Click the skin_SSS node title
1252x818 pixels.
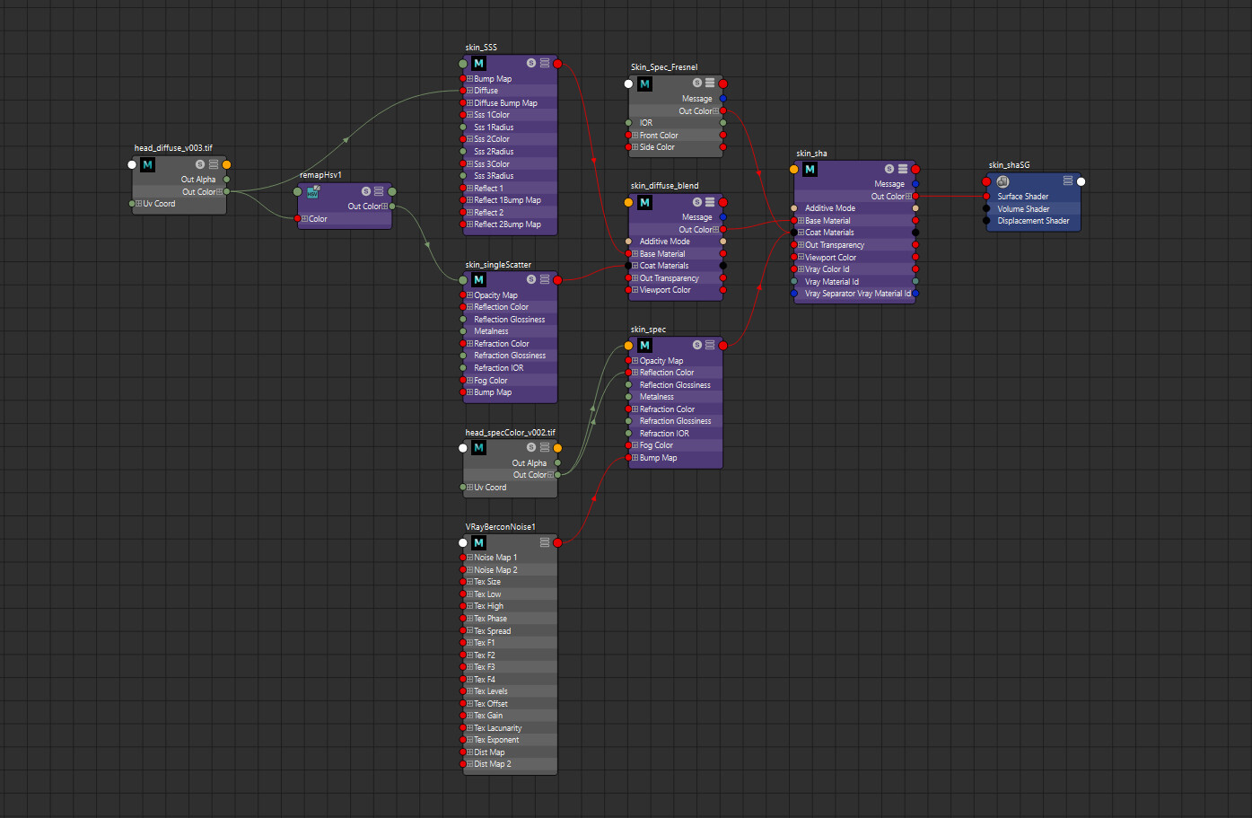coord(481,48)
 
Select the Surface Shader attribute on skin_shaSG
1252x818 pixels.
coord(1022,197)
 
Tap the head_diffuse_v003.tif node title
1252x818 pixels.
coord(173,148)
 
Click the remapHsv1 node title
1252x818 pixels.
coord(320,175)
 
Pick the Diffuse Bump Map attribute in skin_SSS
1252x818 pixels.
coord(505,103)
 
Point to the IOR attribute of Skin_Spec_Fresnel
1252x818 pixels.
coord(646,123)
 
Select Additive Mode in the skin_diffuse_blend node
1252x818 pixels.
coord(664,242)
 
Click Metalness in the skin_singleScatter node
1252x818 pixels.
coord(491,331)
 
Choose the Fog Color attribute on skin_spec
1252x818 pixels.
coord(656,445)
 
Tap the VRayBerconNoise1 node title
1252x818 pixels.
coord(500,527)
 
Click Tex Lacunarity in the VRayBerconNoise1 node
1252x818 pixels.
coord(497,728)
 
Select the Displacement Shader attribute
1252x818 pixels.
coord(1033,221)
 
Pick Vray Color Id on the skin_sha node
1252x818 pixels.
coord(827,269)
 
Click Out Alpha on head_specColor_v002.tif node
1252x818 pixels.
coord(529,463)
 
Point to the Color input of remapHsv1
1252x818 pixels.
coord(318,219)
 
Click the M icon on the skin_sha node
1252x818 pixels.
coord(810,170)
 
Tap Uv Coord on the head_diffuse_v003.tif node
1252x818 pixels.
coord(159,204)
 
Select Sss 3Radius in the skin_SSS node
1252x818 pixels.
coord(494,176)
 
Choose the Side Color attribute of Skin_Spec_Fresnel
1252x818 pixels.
coord(657,147)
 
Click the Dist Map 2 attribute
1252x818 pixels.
coord(492,764)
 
